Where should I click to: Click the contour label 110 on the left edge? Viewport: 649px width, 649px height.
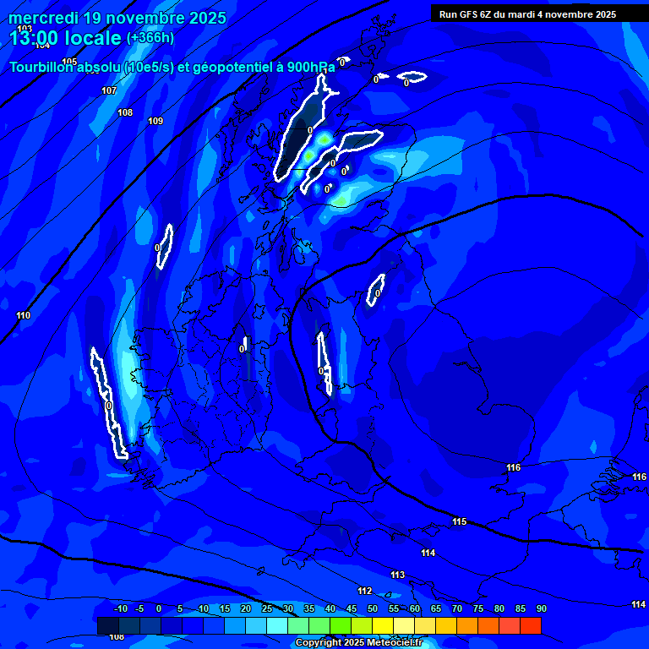(x=23, y=315)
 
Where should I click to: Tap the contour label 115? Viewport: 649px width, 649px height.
(x=459, y=521)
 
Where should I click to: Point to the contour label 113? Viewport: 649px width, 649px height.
(x=397, y=575)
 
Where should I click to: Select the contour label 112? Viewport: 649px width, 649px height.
(x=364, y=591)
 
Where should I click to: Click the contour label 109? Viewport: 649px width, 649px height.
(x=155, y=121)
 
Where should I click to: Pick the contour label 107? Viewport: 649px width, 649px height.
(x=109, y=90)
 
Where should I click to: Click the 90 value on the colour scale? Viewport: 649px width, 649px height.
(x=541, y=608)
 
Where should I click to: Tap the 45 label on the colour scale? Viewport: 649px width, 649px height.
(x=352, y=608)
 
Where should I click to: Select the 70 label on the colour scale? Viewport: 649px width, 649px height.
(x=457, y=608)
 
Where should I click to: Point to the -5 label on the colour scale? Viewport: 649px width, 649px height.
(x=139, y=608)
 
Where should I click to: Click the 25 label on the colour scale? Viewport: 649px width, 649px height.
(x=267, y=608)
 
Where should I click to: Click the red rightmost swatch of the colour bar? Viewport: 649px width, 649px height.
(x=531, y=625)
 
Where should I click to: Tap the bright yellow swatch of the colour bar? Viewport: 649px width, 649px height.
(x=383, y=625)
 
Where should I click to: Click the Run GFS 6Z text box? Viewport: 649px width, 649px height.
(x=527, y=14)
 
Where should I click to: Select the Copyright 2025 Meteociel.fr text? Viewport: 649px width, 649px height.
(x=358, y=642)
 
